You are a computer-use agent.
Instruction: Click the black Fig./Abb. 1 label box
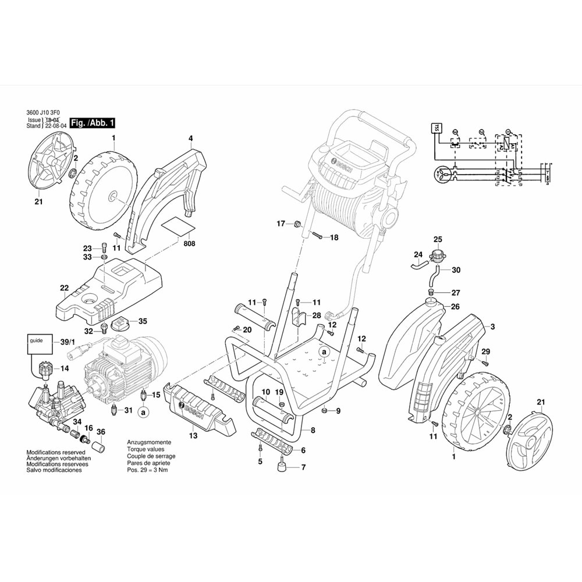point(92,123)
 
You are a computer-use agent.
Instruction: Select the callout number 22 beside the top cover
point(64,288)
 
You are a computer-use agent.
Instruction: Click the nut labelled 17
point(296,223)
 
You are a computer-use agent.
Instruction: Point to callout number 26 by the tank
point(455,307)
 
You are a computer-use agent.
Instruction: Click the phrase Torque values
point(145,449)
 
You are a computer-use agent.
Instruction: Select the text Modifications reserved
point(56,452)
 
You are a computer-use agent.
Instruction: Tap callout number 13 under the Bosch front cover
point(193,435)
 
